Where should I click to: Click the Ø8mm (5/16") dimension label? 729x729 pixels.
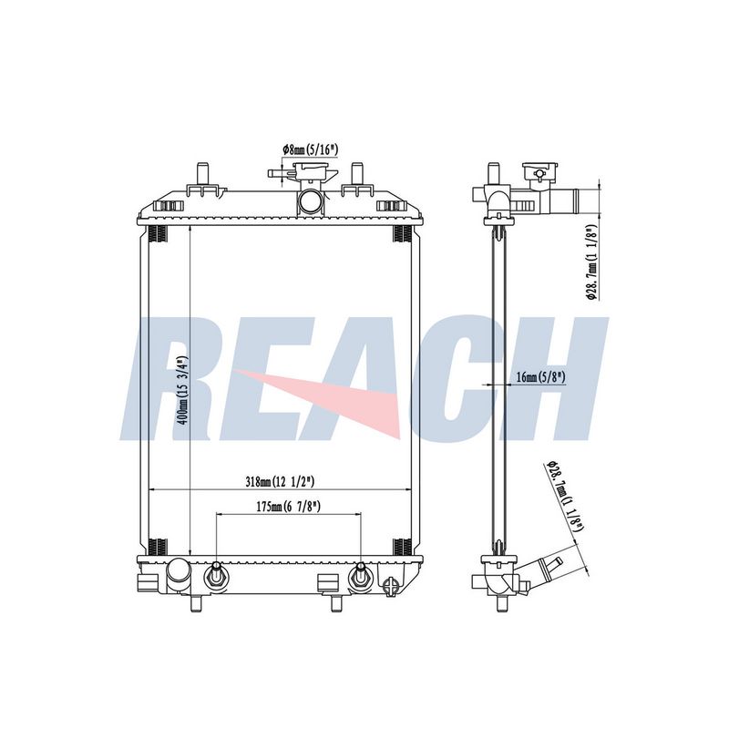pos(309,149)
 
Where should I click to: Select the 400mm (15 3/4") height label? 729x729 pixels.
pos(184,390)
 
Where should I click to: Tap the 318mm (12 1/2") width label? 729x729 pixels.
pos(280,482)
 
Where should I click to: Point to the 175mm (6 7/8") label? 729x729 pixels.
pos(289,507)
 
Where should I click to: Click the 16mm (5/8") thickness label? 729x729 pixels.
pos(540,377)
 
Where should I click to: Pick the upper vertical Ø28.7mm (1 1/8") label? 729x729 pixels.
pos(591,262)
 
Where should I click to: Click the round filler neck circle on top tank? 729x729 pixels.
pos(310,201)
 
